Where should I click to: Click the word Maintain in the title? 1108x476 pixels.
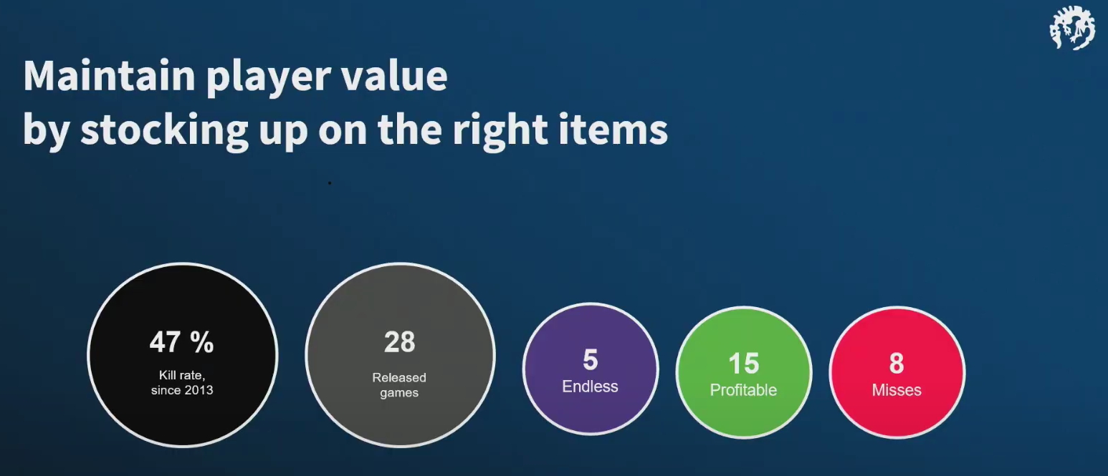(x=110, y=76)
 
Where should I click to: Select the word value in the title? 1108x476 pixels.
(x=394, y=76)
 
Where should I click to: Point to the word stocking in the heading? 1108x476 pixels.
(x=164, y=131)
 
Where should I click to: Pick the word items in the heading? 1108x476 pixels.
(x=613, y=130)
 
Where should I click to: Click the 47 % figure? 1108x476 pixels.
(x=181, y=342)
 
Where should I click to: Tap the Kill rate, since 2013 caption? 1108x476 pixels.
(x=182, y=383)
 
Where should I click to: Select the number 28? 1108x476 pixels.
(x=400, y=341)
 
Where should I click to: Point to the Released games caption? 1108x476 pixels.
(x=399, y=384)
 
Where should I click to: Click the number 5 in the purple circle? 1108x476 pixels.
(x=590, y=359)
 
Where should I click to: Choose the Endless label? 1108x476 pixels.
(x=590, y=386)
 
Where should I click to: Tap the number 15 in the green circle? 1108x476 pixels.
(x=743, y=364)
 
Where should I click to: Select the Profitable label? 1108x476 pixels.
(x=743, y=390)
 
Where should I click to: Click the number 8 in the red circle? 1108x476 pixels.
(x=897, y=364)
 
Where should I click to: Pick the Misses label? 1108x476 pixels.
(x=897, y=390)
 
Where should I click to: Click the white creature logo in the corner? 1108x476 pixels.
(x=1071, y=28)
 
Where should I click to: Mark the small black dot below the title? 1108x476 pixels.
(x=330, y=183)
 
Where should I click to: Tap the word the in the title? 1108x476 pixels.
(x=409, y=130)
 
